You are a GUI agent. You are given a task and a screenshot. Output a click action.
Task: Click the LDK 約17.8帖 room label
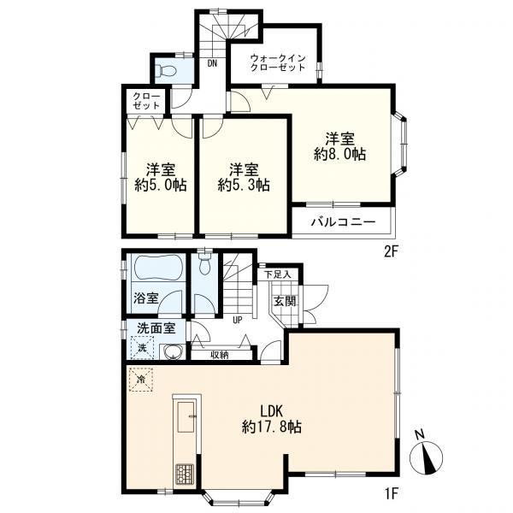(272, 419)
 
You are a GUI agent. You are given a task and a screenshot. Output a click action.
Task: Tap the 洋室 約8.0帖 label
(340, 146)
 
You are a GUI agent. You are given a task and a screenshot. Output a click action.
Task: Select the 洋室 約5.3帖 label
(244, 178)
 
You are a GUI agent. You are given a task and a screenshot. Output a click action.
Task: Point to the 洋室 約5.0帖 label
(161, 178)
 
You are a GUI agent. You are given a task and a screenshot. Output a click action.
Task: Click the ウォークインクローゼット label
(278, 62)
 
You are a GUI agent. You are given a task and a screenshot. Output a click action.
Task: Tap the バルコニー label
(343, 222)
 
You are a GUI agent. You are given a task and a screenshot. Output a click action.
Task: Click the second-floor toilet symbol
(166, 70)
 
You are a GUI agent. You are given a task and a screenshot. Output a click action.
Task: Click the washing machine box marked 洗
(142, 347)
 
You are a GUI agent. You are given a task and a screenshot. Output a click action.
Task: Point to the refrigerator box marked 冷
(141, 380)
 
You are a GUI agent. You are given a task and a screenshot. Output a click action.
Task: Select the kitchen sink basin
(186, 416)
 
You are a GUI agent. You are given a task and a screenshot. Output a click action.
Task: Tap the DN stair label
(212, 63)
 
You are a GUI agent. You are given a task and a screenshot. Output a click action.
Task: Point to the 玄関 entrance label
(285, 301)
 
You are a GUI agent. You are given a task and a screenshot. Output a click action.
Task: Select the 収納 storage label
(220, 355)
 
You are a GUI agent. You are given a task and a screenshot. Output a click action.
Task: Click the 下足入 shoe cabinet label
(277, 274)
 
